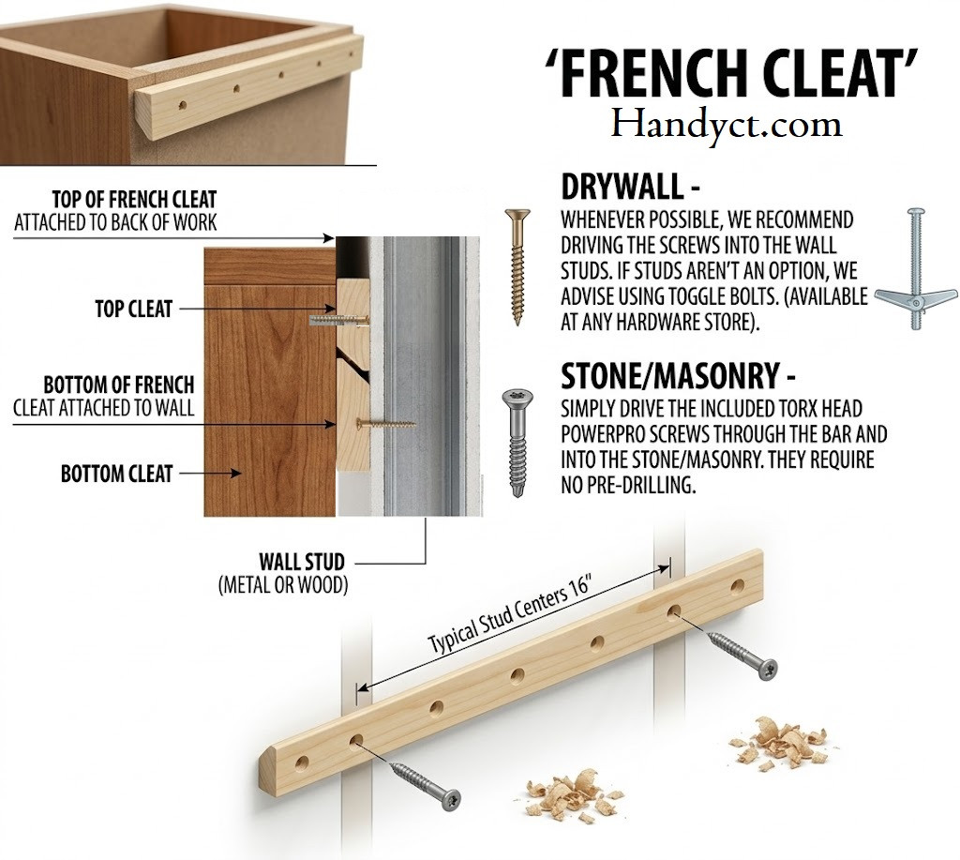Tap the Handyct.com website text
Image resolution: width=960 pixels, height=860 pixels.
pos(727,125)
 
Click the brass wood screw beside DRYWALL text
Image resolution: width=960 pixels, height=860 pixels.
pos(517,266)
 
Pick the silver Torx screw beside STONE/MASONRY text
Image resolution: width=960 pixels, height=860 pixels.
pos(517,443)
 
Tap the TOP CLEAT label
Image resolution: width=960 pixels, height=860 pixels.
pos(133,309)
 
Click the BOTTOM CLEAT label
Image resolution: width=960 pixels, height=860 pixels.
pos(116,474)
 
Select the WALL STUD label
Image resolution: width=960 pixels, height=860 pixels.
pos(302,561)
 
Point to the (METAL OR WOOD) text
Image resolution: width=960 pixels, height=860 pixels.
pos(283,585)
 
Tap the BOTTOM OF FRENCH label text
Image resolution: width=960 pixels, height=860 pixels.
pos(119,385)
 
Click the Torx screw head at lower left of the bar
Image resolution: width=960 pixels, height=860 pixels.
pos(450,800)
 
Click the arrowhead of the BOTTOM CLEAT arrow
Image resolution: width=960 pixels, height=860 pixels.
pos(235,474)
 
